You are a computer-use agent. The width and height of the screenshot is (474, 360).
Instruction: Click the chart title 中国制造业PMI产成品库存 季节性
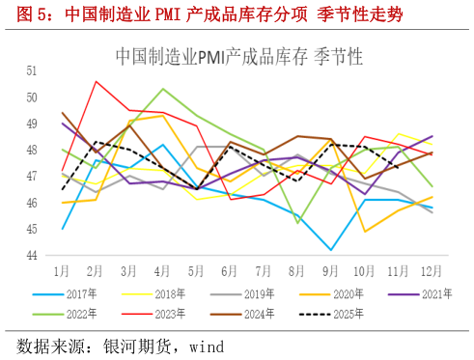[x=238, y=56]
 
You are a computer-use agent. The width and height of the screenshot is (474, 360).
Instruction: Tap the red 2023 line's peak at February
[x=96, y=81]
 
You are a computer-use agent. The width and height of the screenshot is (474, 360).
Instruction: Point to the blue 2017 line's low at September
[x=331, y=250]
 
